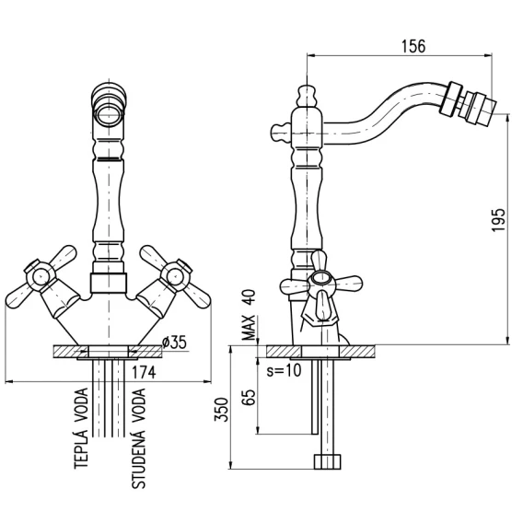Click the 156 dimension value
click(413, 46)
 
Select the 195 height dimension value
click(499, 220)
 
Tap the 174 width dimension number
click(144, 372)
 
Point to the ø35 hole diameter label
click(174, 343)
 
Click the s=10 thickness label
click(284, 370)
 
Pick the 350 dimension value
click(221, 410)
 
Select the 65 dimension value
click(249, 397)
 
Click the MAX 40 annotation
click(249, 315)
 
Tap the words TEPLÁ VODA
click(81, 428)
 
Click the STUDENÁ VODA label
click(139, 438)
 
